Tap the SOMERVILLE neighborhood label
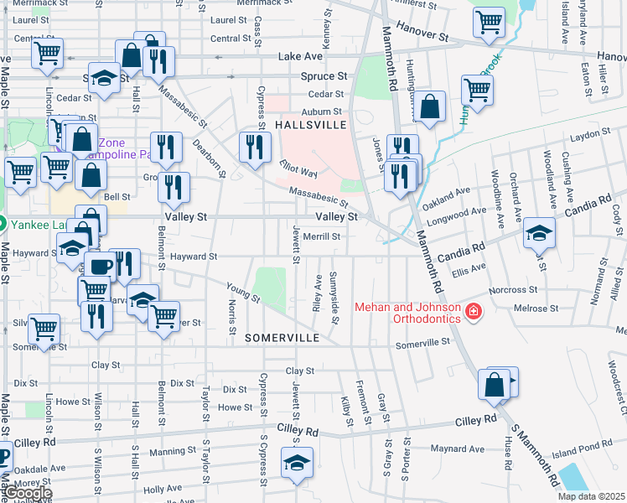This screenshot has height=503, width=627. pos(282,338)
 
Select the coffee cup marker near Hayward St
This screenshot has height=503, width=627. pos(101,267)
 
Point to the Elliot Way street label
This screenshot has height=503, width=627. pos(298,169)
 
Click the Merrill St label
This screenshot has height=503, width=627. pos(322,236)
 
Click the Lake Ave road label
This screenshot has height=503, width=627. pos(299,56)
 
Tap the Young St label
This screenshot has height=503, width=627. pos(243,291)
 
